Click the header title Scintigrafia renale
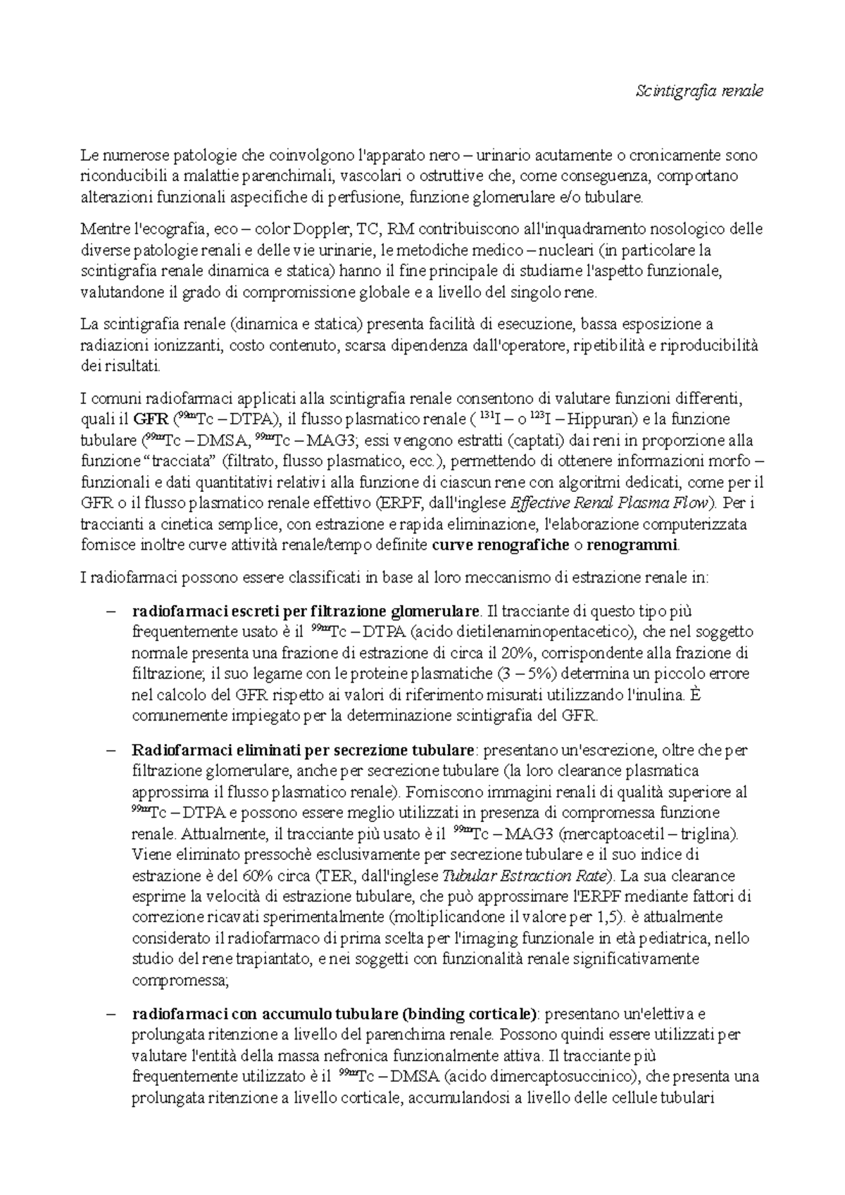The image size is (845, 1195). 699,91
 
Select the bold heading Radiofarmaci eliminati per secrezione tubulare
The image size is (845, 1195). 303,750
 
